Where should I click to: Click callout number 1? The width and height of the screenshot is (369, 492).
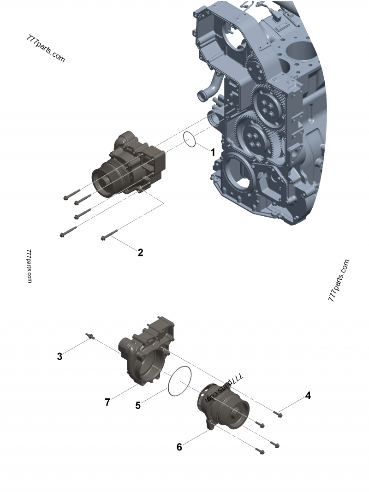tap(213, 152)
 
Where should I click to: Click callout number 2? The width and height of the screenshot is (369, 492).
tap(140, 252)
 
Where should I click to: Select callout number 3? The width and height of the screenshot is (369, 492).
tap(60, 356)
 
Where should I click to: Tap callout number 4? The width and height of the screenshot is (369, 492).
tap(308, 396)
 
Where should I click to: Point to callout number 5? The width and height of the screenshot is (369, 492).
tap(138, 405)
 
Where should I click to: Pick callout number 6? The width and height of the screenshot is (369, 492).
tap(179, 447)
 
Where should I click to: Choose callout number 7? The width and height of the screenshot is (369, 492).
tap(107, 402)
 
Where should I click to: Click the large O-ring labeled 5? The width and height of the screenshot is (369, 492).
tap(179, 381)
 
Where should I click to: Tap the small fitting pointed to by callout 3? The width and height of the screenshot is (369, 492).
tap(90, 337)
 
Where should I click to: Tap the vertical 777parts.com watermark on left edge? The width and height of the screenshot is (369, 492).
tap(29, 266)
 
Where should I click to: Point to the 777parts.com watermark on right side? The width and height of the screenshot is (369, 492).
tap(339, 280)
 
